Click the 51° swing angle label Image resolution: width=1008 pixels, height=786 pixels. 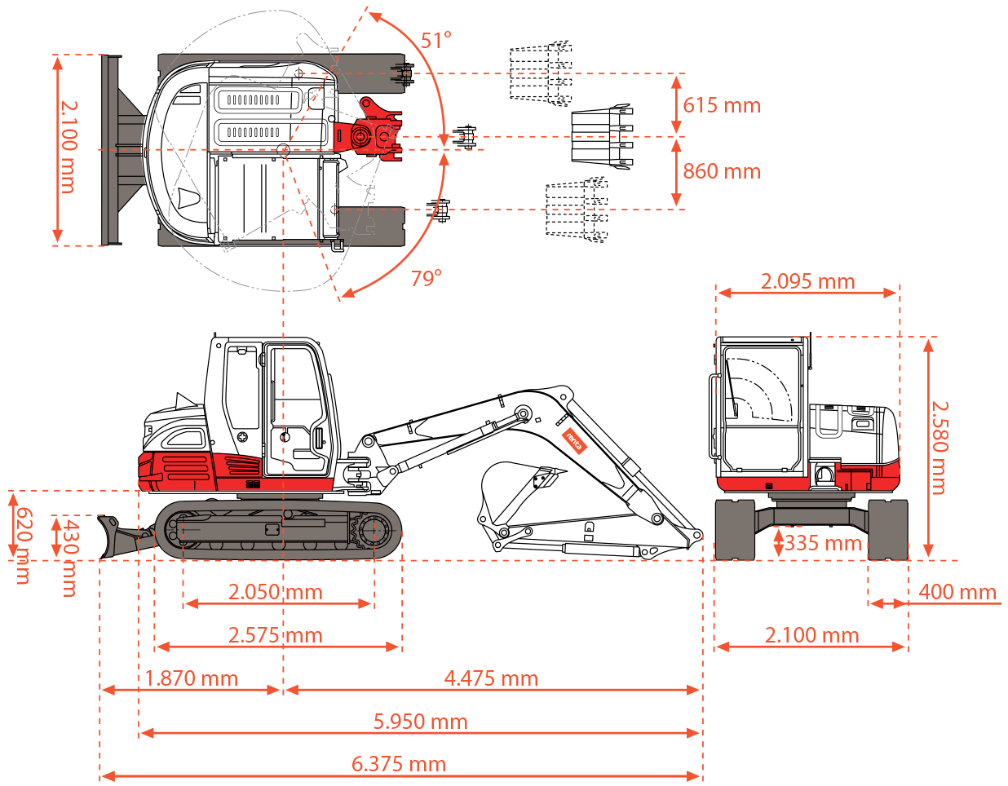click(x=435, y=41)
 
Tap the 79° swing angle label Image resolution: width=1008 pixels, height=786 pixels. click(x=426, y=279)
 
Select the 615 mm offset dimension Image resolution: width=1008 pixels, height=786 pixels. click(x=722, y=105)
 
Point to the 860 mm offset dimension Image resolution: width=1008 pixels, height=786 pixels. click(x=722, y=171)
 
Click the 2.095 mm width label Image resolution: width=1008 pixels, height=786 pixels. click(x=807, y=281)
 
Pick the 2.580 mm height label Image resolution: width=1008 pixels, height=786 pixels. click(x=939, y=447)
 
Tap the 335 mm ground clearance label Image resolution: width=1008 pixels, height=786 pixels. click(x=822, y=543)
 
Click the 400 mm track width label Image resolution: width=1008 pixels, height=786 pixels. click(x=957, y=592)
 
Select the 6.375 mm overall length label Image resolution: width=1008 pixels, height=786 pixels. click(x=399, y=765)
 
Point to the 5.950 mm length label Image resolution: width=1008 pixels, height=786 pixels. click(x=421, y=722)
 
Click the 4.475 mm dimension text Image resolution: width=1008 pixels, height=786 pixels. click(x=491, y=678)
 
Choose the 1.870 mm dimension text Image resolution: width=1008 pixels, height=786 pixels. click(x=192, y=678)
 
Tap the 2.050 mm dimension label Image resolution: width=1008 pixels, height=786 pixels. click(x=276, y=592)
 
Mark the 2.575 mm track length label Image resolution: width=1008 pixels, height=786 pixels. click(x=276, y=635)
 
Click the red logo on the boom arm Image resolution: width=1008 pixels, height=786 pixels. click(x=574, y=441)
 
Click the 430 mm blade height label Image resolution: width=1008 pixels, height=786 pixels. click(x=70, y=557)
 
